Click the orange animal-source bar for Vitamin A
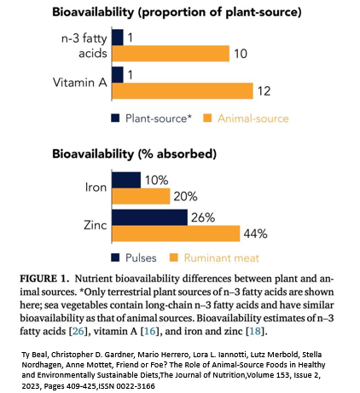[x=183, y=91]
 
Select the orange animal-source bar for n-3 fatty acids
[x=171, y=54]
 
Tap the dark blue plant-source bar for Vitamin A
[x=118, y=75]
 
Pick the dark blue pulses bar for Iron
[x=126, y=180]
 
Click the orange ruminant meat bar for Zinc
[x=176, y=234]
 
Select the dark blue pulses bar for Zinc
[x=150, y=217]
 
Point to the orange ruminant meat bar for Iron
[x=141, y=196]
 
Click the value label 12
[x=264, y=91]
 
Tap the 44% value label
[x=255, y=234]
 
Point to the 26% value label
[x=203, y=217]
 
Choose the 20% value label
[x=185, y=196]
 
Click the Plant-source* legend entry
[x=152, y=118]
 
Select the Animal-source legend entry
[x=246, y=118]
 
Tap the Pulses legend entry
[x=134, y=257]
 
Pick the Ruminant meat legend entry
[x=214, y=257]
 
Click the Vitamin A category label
[x=80, y=83]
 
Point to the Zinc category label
[x=96, y=225]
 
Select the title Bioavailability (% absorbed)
[x=134, y=154]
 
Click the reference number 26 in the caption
[x=78, y=332]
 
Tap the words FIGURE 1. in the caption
[x=44, y=279]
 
